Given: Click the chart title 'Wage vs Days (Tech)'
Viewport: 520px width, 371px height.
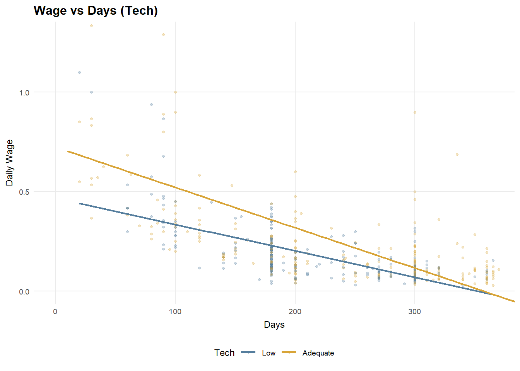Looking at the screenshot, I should [x=96, y=10].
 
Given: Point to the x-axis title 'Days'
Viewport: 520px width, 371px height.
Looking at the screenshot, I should [x=274, y=325].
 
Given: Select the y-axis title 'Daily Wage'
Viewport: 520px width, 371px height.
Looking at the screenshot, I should [x=10, y=163].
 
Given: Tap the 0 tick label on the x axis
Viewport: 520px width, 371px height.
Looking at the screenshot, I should [x=55, y=312].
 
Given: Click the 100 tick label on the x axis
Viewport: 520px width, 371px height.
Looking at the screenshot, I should [x=175, y=312].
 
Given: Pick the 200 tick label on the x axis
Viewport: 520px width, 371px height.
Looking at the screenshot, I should [x=295, y=312].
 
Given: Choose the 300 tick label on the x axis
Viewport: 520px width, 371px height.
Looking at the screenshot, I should [x=414, y=312].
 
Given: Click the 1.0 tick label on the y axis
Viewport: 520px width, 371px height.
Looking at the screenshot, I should [x=24, y=92].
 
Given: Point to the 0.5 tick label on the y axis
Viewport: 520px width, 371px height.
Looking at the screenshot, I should [x=24, y=192].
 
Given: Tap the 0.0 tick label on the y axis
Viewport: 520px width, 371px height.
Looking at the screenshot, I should [x=24, y=292].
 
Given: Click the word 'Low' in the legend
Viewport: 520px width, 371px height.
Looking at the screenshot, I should [x=269, y=353].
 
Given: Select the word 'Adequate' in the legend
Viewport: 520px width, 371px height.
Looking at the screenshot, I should [x=318, y=353].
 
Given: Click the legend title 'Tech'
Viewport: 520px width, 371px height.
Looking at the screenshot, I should [x=224, y=353].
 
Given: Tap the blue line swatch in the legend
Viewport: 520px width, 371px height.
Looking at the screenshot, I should [x=248, y=352].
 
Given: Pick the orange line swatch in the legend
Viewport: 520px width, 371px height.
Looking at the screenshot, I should [x=289, y=352].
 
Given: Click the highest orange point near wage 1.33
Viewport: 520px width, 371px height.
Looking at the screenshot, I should [x=91, y=26].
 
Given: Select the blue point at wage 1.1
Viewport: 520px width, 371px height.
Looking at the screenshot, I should [x=79, y=72].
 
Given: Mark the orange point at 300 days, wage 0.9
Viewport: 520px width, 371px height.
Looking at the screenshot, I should [x=415, y=112].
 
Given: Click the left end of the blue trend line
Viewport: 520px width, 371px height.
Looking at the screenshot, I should [x=80, y=203].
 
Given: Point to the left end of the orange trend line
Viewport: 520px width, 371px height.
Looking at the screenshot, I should [x=68, y=151].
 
